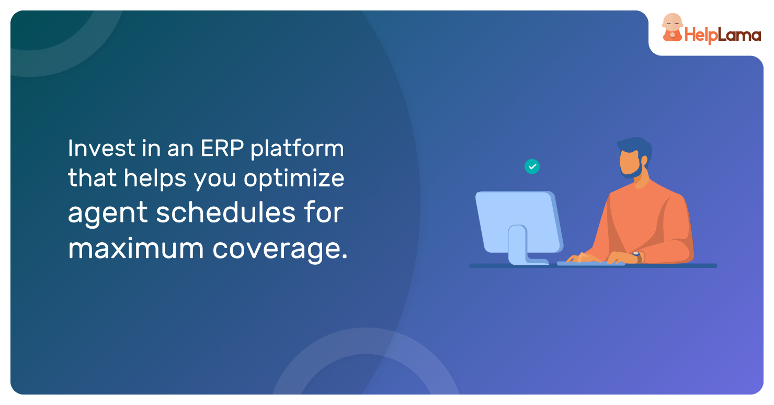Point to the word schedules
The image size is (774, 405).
point(225,212)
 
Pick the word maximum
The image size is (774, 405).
point(136,249)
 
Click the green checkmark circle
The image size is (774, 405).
point(532,167)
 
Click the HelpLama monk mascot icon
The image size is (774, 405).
point(673,27)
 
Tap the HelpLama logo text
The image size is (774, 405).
point(723,35)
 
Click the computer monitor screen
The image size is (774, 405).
point(518,222)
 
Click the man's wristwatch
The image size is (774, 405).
point(637,256)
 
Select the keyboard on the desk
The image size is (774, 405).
point(591,264)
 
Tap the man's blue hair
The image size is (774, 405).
point(636,147)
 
